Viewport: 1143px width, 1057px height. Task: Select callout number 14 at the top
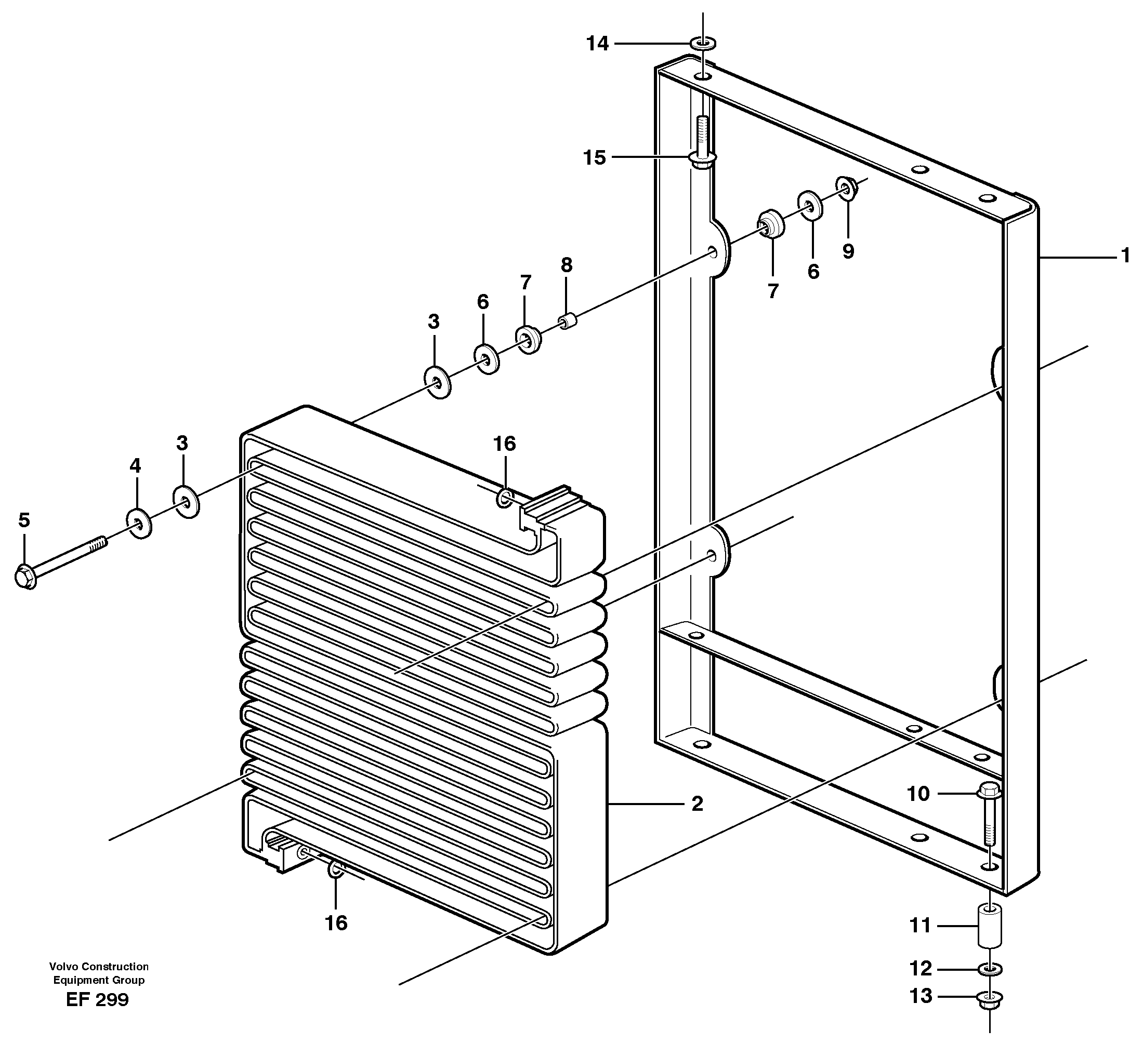coord(598,44)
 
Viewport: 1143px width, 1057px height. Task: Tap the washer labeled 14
coord(703,44)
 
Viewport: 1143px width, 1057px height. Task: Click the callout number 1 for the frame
coord(1125,256)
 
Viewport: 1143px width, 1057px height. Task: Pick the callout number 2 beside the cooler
coord(697,804)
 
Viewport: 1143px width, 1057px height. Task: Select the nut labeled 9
coord(847,188)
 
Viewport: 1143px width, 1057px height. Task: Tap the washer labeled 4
coord(138,522)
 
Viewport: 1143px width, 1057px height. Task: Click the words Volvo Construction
coord(98,967)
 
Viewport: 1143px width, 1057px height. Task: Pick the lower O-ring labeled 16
coord(336,870)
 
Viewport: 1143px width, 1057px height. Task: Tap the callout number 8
coord(566,265)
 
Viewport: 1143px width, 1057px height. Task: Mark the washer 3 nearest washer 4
coord(186,502)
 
